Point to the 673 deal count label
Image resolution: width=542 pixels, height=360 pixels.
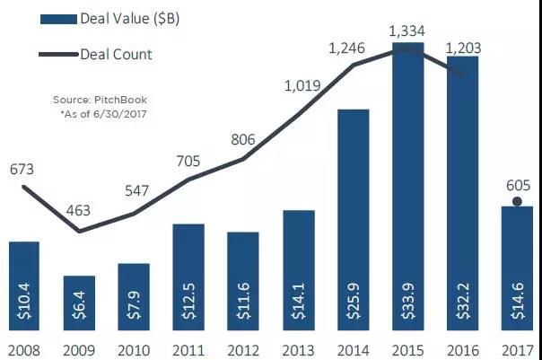[x=22, y=169]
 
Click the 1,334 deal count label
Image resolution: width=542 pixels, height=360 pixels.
[x=408, y=32]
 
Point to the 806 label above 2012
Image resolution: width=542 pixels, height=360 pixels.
[x=242, y=139]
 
